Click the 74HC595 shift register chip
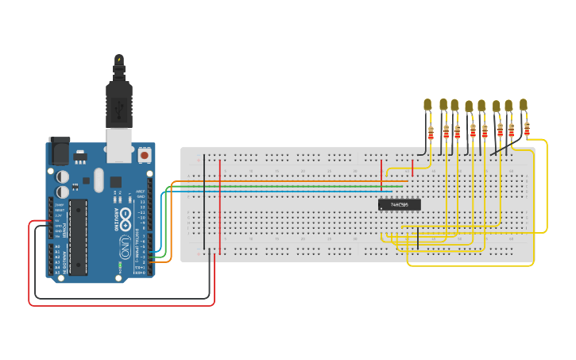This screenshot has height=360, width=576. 399,205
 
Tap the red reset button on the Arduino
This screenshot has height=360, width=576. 144,153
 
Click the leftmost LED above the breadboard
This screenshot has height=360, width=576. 427,104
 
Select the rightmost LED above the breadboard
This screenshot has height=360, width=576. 523,104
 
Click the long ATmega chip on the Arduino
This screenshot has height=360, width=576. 78,237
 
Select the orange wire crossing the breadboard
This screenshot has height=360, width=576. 278,182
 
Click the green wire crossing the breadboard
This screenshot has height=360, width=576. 278,187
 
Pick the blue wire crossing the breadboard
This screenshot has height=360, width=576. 278,192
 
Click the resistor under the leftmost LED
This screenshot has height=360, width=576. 431,133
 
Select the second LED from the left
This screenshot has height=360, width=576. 443,104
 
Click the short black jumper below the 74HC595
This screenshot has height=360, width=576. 417,237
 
